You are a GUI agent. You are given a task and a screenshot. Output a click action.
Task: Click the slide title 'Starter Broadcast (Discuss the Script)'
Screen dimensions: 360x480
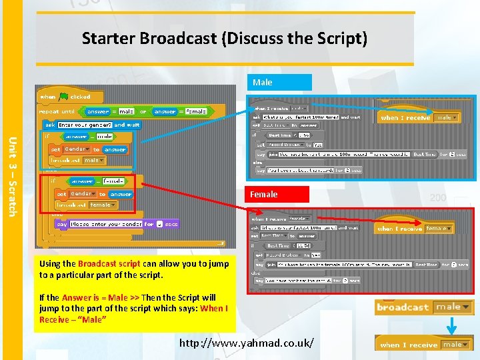[x=225, y=39]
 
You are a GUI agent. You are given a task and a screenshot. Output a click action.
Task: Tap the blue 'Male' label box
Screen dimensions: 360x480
[x=280, y=83]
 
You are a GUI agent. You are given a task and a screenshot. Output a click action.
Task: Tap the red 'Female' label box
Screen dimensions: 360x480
[x=279, y=195]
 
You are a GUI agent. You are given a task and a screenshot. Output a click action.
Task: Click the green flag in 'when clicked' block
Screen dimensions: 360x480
[x=64, y=97]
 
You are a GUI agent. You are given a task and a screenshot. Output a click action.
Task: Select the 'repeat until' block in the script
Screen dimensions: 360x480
[x=58, y=112]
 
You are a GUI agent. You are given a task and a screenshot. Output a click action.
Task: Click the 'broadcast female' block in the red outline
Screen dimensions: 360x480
[x=83, y=205]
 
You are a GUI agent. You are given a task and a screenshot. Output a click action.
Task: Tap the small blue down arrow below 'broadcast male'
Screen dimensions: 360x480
[x=450, y=325]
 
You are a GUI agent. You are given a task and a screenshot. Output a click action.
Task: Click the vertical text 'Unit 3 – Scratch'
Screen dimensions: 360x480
[x=11, y=177]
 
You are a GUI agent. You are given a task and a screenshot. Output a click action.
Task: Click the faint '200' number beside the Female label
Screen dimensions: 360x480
[x=438, y=198]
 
